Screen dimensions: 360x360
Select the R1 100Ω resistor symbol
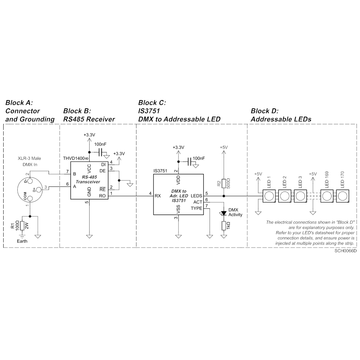click(22, 226)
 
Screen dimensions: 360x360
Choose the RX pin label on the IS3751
click(158, 196)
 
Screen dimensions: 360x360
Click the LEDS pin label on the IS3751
click(196, 196)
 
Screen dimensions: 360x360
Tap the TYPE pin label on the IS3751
click(197, 208)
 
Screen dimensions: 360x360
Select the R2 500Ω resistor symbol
click(224, 184)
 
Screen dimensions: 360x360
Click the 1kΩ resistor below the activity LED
click(224, 226)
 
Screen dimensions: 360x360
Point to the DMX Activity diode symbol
click(224, 213)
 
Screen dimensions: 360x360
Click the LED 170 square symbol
click(343, 196)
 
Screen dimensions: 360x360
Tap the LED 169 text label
click(327, 180)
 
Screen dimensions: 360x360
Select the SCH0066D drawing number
click(345, 251)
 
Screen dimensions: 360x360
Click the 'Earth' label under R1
click(22, 241)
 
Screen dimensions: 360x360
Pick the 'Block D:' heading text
click(265, 111)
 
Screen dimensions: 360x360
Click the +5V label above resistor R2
click(224, 147)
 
